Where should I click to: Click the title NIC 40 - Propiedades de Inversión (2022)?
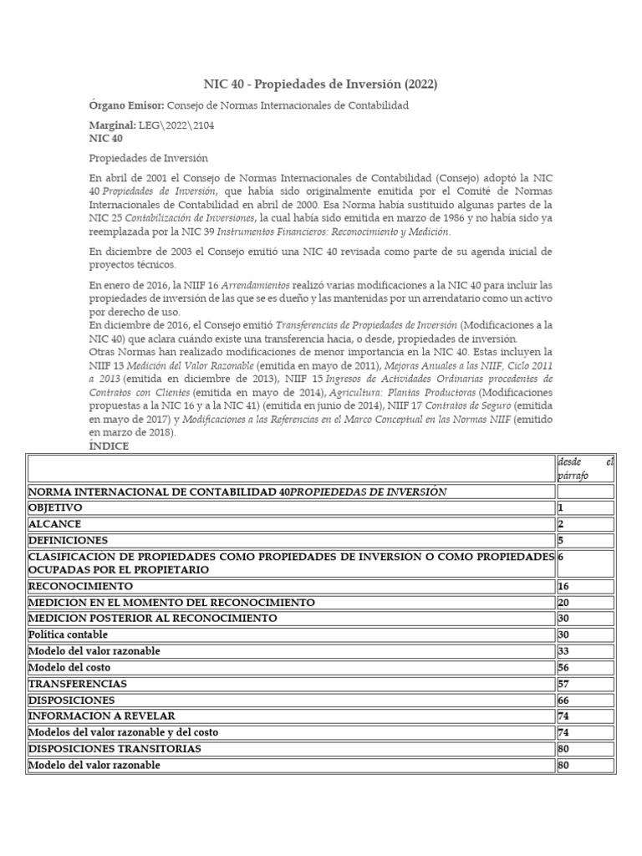click(x=320, y=84)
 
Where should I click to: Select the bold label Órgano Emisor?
click(x=126, y=106)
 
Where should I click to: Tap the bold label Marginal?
click(x=112, y=125)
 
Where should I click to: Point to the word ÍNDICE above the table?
click(x=109, y=446)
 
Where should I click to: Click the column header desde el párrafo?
click(x=585, y=469)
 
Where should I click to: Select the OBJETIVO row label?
click(x=56, y=507)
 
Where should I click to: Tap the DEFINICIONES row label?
click(x=68, y=540)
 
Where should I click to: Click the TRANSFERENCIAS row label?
click(x=77, y=683)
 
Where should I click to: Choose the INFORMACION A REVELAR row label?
click(x=101, y=716)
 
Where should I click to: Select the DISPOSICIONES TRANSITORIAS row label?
click(x=115, y=748)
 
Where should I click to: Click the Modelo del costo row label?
click(x=69, y=667)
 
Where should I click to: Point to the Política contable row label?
click(x=68, y=634)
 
